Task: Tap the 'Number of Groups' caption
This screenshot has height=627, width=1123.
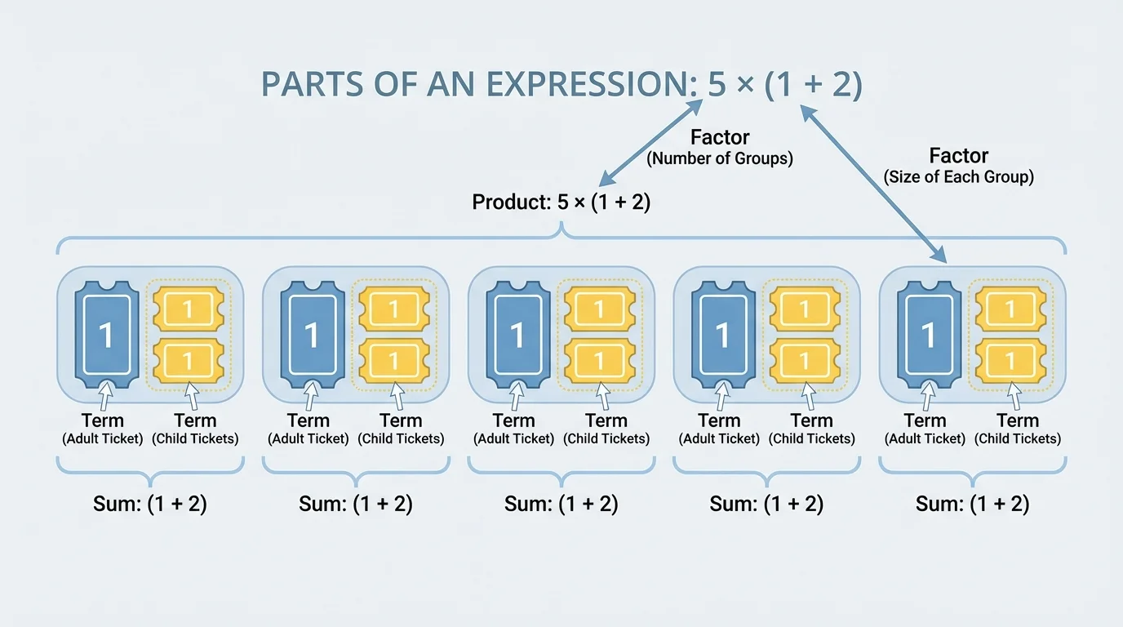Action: coord(719,158)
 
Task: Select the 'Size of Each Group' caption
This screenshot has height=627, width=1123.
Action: coord(958,176)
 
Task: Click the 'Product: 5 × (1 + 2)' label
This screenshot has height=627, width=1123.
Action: coord(561,202)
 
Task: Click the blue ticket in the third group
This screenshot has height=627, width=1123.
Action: coord(517,334)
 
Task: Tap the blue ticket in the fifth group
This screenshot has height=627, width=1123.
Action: coord(928,334)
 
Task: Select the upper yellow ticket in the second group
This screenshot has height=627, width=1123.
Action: coord(393,309)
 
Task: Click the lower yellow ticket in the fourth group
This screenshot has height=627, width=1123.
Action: coord(805,361)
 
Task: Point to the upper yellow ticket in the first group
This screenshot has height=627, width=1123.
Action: coord(188,309)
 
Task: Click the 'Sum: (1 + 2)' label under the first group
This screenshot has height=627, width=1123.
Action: coord(150,504)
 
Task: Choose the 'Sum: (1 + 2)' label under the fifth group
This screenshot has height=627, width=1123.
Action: coord(972,504)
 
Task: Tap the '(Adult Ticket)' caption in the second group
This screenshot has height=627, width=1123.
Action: coord(308,438)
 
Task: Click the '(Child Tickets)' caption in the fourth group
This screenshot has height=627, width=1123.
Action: coord(811,438)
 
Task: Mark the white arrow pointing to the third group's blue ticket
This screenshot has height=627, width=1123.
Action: coord(517,398)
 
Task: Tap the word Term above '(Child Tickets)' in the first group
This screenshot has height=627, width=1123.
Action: coord(195,420)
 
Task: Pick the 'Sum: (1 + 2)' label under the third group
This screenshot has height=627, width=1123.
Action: coord(561,504)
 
